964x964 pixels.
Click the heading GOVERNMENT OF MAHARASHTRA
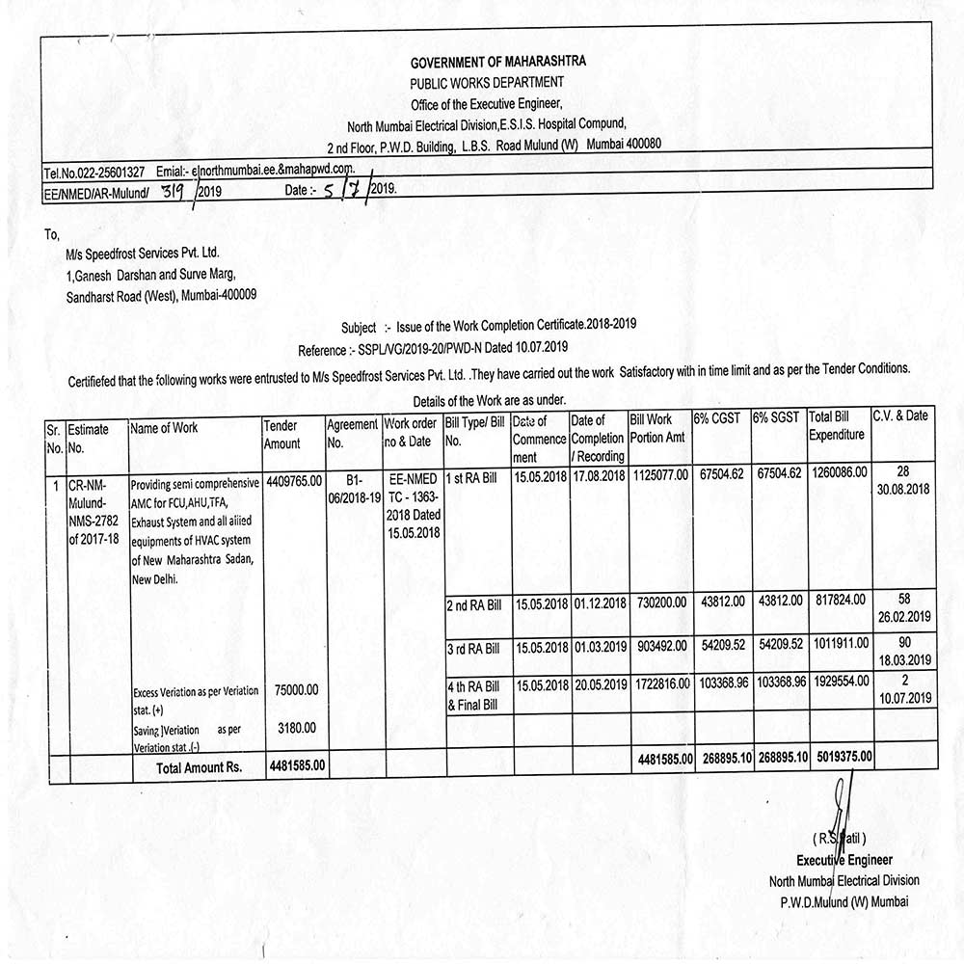497,62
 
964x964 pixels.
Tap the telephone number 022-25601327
109,173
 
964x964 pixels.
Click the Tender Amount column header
281,434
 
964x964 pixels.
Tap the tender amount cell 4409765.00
292,479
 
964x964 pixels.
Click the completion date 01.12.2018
599,603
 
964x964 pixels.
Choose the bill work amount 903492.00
660,647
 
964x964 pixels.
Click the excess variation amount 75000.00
296,690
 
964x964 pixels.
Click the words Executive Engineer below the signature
843,860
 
